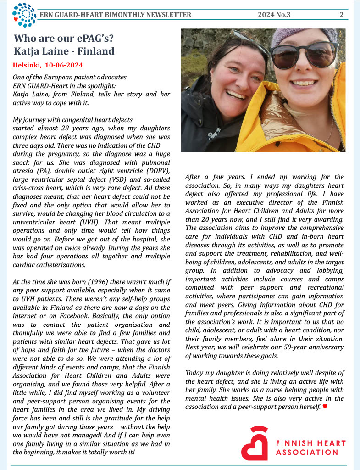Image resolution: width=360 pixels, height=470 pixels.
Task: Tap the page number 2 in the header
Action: [x=342, y=15]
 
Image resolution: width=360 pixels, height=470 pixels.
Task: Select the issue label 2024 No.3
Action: [x=274, y=15]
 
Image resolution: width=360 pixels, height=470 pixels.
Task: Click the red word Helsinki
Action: [x=28, y=65]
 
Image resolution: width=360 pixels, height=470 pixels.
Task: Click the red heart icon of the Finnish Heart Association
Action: [x=255, y=443]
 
